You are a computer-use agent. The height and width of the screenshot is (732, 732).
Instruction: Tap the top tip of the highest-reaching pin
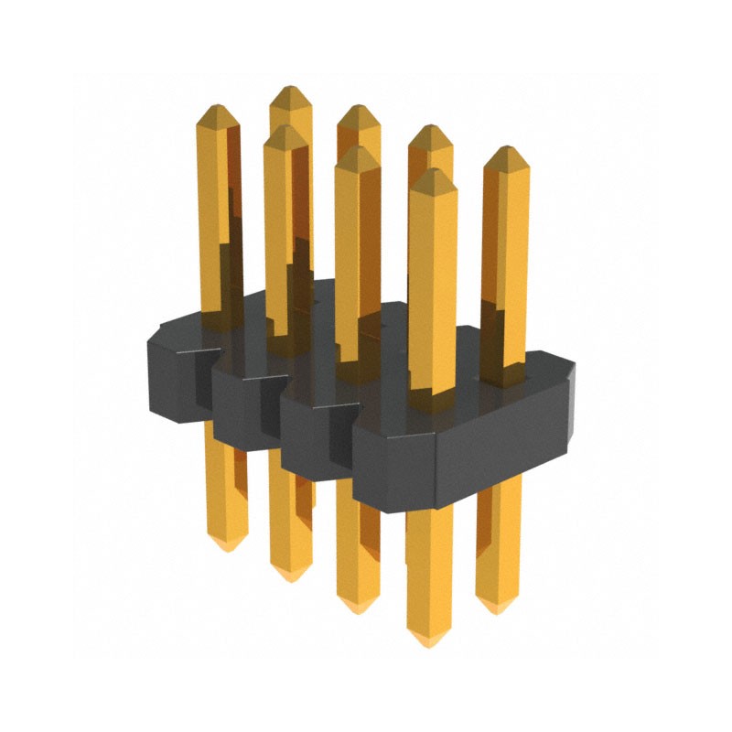pyautogui.click(x=291, y=89)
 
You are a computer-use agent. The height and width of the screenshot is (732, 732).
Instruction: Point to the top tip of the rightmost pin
pyautogui.click(x=505, y=148)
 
